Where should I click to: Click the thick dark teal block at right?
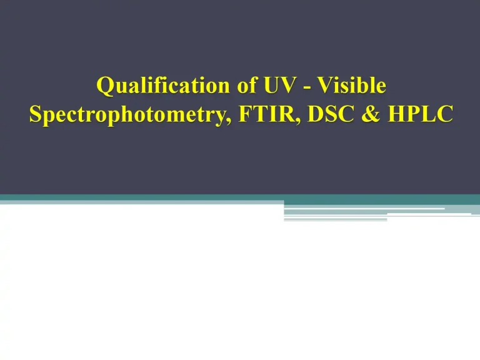[x=381, y=199]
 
